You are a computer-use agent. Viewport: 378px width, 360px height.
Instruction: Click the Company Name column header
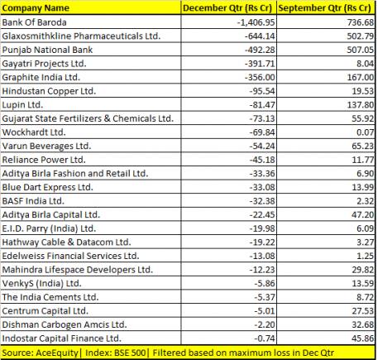pyautogui.click(x=36, y=8)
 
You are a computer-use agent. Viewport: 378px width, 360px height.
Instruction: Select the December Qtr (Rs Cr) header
pyautogui.click(x=227, y=8)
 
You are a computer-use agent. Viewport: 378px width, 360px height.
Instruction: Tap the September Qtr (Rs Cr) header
pyautogui.click(x=325, y=8)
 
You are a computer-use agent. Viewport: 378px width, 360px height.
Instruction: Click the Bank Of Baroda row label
pyautogui.click(x=34, y=22)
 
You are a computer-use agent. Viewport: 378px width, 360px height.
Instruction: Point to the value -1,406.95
pyautogui.click(x=256, y=22)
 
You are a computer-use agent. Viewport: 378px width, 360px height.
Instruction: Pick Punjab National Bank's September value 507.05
pyautogui.click(x=361, y=50)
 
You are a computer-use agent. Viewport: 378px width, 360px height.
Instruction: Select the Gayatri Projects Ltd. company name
pyautogui.click(x=44, y=64)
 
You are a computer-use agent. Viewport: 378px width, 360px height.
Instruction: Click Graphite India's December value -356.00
pyautogui.click(x=260, y=77)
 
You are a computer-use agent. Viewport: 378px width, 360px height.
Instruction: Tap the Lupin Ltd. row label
pyautogui.click(x=22, y=105)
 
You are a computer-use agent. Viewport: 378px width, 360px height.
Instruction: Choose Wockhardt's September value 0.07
pyautogui.click(x=365, y=132)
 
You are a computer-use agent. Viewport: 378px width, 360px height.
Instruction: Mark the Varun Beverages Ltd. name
pyautogui.click(x=46, y=146)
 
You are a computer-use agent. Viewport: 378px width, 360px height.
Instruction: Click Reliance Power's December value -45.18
pyautogui.click(x=262, y=160)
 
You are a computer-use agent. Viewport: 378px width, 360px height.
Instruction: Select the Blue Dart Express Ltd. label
pyautogui.click(x=47, y=188)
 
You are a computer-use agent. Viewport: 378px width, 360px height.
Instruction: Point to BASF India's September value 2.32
pyautogui.click(x=365, y=201)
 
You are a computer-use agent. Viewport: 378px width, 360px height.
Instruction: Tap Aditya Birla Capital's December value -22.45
pyautogui.click(x=262, y=214)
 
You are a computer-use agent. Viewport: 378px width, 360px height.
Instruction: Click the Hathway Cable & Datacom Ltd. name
pyautogui.click(x=66, y=242)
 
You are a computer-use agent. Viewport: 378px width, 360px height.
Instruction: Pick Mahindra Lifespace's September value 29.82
pyautogui.click(x=363, y=270)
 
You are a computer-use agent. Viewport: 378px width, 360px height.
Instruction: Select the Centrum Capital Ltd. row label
pyautogui.click(x=45, y=311)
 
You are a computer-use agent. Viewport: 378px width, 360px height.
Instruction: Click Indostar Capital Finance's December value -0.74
pyautogui.click(x=265, y=338)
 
